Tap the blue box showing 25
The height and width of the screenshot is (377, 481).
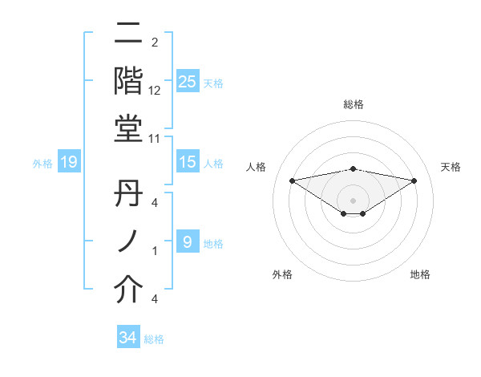(188, 81)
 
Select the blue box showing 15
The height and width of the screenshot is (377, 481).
(188, 162)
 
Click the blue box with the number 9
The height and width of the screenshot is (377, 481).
(188, 241)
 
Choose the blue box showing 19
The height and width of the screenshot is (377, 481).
(69, 163)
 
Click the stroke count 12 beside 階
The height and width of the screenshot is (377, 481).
(155, 91)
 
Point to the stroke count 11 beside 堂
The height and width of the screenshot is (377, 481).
(155, 138)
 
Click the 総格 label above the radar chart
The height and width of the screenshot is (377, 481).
(354, 104)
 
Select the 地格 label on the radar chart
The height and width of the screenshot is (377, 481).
(420, 274)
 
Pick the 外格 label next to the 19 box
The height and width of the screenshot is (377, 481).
(42, 164)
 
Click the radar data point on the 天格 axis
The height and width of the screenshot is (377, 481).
(414, 181)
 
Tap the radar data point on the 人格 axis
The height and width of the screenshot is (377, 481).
(293, 180)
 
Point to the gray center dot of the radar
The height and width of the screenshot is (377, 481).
(354, 200)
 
